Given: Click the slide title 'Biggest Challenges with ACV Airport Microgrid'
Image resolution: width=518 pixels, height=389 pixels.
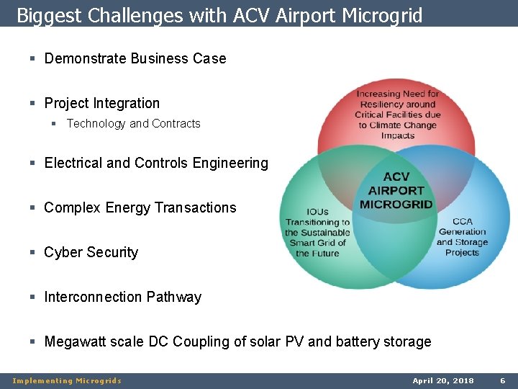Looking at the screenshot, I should (x=219, y=15).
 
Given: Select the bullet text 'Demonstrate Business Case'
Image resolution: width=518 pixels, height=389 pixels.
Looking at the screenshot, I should (x=135, y=58).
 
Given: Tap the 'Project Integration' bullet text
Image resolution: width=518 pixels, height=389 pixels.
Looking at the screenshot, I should (x=101, y=103).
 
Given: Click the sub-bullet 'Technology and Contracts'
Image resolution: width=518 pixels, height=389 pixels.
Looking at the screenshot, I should (x=133, y=124).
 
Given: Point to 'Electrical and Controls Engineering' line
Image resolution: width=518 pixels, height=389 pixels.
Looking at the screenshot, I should (x=156, y=163).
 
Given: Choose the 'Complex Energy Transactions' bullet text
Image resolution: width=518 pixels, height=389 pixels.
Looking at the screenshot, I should (x=140, y=207).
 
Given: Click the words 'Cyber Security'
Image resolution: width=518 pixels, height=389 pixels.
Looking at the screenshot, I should (x=91, y=252).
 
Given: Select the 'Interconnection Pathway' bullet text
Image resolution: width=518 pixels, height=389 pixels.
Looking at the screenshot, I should (x=122, y=297).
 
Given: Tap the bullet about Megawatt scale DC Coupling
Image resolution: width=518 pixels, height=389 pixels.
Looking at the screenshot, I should (x=237, y=341).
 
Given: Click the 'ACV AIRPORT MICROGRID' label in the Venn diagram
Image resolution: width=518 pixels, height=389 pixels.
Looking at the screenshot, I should (x=396, y=191).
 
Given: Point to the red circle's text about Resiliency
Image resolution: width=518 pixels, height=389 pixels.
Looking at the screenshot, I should (x=398, y=115).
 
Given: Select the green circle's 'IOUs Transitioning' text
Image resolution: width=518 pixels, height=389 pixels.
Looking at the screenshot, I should (x=317, y=233).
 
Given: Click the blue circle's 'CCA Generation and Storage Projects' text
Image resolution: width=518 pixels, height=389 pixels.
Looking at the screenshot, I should (x=462, y=237).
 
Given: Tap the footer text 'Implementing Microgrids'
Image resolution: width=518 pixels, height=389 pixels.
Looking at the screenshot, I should (x=67, y=380).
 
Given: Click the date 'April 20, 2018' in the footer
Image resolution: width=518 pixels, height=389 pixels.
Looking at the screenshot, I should (x=443, y=380).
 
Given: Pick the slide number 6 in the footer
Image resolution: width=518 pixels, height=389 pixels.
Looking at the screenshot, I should (x=503, y=380).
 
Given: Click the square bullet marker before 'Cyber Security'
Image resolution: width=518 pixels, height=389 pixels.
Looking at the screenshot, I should (x=33, y=253).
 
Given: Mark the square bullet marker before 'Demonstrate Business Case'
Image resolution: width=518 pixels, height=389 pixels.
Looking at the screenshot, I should (x=33, y=59).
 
